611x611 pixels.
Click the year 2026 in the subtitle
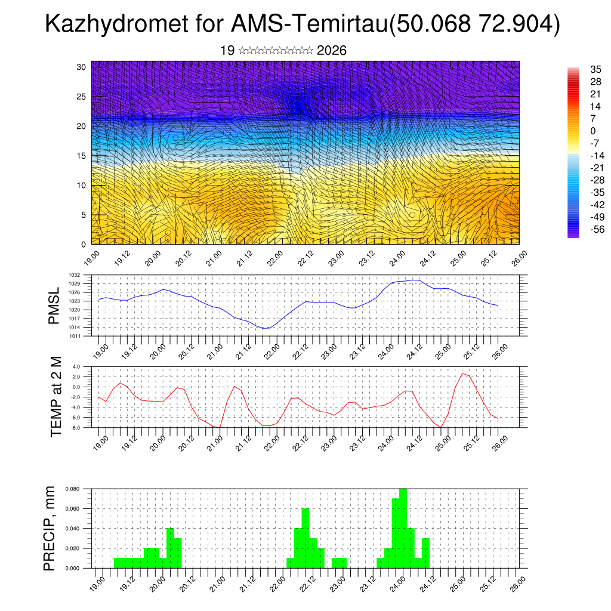(x=332, y=51)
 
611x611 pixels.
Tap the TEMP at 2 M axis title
(x=57, y=397)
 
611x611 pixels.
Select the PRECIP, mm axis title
(x=50, y=528)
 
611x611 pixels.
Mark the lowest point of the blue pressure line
(x=264, y=329)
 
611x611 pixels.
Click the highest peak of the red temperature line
(x=462, y=374)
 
